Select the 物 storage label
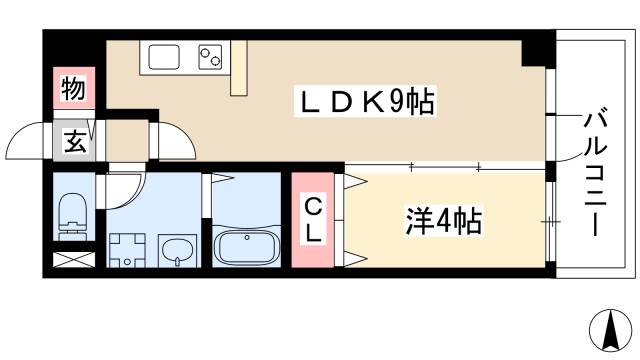(x=72, y=88)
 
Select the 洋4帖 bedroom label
(x=444, y=220)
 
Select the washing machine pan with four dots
(x=126, y=249)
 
